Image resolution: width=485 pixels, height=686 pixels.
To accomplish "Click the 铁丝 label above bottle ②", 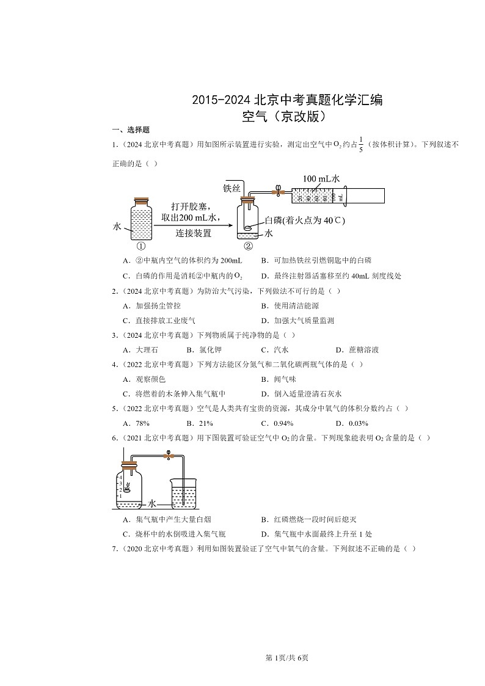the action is [233, 188].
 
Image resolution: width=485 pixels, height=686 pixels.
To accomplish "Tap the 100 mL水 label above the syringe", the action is [321, 178].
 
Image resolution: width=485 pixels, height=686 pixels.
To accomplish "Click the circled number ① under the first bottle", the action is [141, 246].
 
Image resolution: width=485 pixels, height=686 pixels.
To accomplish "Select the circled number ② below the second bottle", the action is [248, 246].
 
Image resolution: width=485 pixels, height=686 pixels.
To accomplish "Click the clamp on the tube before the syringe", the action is [278, 191].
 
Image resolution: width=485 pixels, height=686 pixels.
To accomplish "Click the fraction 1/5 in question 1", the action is [361, 145].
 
